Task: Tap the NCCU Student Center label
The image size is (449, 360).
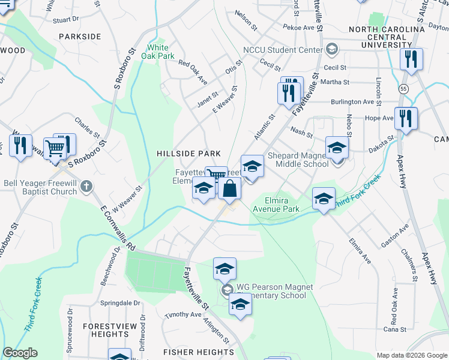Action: coord(282,49)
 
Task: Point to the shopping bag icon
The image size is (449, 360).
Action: coord(229,189)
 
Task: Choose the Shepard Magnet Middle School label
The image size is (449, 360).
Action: coord(298,160)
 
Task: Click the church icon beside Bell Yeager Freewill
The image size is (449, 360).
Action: coord(86,186)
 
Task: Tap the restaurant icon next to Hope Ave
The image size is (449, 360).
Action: coord(406,119)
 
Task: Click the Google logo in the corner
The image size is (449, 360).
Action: coord(20,353)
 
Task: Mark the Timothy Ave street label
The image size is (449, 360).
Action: coord(184,314)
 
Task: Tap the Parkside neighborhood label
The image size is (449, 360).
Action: coord(80,37)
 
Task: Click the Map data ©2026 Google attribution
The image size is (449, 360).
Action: coord(412,355)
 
